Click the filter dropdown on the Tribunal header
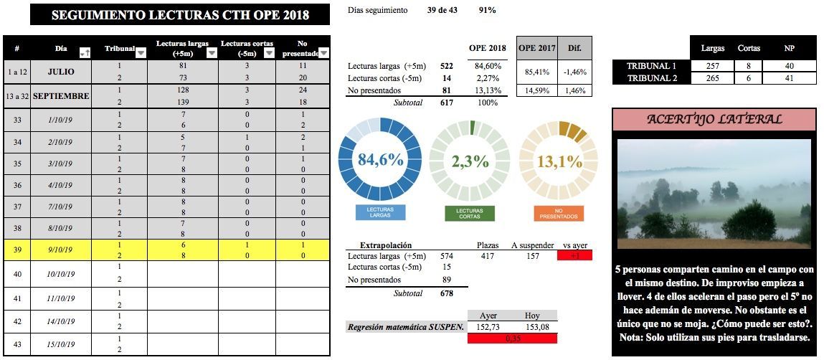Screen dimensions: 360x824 point(141,52)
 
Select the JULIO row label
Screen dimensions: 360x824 point(61,72)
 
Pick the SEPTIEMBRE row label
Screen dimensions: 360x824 point(61,95)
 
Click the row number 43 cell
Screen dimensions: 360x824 point(16,344)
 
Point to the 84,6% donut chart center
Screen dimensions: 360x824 point(379,161)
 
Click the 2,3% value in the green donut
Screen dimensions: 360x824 point(470,161)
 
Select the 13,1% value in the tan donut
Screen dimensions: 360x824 point(559,161)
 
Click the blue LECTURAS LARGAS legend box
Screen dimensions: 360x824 point(380,212)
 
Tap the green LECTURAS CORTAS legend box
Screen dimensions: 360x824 point(470,213)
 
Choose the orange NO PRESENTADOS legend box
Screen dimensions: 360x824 point(559,213)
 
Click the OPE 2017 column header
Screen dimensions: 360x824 point(536,47)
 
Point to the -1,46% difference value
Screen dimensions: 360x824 point(574,72)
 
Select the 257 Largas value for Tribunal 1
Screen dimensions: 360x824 point(712,66)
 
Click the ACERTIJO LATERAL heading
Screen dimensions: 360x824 point(714,119)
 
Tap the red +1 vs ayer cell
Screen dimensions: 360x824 point(574,256)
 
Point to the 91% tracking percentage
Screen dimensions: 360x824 point(487,10)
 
